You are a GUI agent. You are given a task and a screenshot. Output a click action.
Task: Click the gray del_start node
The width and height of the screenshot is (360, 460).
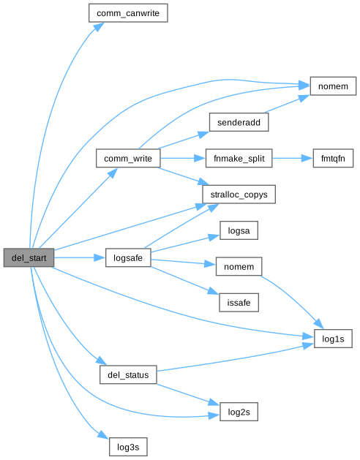pos(29,257)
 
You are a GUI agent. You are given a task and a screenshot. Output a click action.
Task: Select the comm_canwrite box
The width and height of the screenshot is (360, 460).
pos(128,13)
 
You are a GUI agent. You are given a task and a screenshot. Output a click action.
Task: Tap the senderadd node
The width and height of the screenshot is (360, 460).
pos(239,122)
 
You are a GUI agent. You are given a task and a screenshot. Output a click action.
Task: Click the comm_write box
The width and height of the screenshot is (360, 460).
pos(128,159)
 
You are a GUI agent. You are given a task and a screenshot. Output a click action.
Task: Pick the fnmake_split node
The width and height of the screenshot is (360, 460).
pos(239,159)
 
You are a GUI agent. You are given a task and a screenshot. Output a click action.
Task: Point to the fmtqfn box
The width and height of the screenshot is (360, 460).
pos(333,159)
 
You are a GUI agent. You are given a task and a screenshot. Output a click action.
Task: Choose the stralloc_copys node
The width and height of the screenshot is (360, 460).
pos(239,195)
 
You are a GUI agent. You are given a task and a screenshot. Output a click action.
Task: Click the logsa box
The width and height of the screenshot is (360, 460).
pos(239,230)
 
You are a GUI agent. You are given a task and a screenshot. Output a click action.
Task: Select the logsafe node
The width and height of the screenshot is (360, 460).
pos(128,257)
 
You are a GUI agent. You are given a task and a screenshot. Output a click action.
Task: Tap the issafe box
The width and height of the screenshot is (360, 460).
pos(239,303)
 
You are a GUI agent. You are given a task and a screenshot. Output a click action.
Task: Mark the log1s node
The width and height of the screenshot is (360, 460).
pos(333,339)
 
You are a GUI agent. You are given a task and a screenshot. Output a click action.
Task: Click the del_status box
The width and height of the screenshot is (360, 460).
pos(128,374)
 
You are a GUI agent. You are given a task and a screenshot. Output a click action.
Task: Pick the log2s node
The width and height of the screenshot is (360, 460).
pos(239,412)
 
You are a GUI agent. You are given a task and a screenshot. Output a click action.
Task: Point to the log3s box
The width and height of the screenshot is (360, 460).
pos(128,447)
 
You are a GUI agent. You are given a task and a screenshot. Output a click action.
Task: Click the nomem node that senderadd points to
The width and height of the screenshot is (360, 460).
pos(333,86)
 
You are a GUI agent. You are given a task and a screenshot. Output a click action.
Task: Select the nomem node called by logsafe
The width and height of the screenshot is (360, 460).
pos(239,266)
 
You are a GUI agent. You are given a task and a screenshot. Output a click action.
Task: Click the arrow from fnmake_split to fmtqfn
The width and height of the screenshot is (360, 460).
pos(293,159)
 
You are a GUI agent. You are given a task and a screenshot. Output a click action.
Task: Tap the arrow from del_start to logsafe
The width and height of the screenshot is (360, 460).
pos(80,257)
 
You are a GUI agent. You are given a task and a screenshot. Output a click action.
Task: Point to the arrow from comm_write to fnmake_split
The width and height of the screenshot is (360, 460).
pos(183,159)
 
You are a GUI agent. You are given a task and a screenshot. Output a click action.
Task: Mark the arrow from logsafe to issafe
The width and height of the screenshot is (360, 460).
pos(185,280)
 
